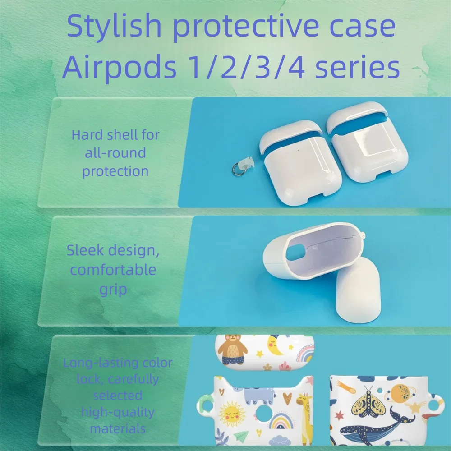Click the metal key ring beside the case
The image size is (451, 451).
pos(239,169)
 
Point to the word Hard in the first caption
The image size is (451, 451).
pos(87,135)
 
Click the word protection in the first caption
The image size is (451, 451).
pos(115,171)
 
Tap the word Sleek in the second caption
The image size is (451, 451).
pos(85,250)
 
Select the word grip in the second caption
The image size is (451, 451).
pos(113,290)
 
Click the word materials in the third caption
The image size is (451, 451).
pos(118,428)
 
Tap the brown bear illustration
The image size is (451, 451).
pos(232,349)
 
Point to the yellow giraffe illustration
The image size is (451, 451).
pos(304,417)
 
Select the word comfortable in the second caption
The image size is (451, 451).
pos(113,270)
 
